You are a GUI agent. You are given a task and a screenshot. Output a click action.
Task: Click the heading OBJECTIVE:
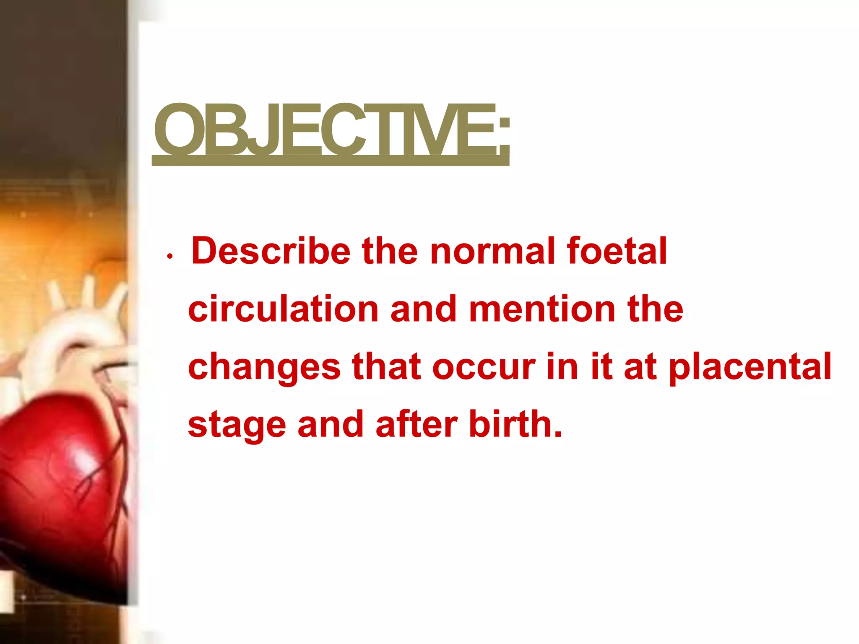click(x=331, y=130)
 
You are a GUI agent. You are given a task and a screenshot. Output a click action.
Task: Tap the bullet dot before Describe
click(x=169, y=256)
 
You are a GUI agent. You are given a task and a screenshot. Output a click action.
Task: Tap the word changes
click(x=264, y=367)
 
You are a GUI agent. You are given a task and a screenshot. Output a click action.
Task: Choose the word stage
click(x=237, y=425)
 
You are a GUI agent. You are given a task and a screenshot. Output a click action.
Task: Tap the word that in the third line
click(x=386, y=366)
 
